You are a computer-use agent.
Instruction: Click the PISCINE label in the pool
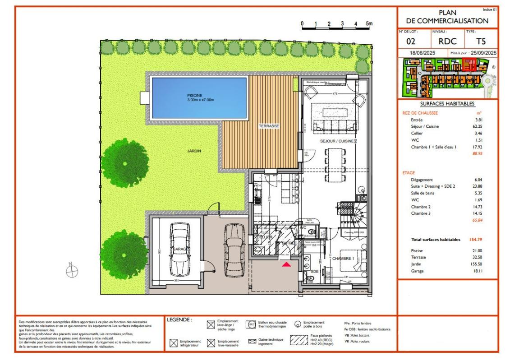[198, 97]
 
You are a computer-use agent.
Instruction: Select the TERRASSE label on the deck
[269, 127]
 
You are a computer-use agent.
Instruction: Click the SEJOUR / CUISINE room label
[336, 141]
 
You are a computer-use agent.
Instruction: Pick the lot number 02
[411, 42]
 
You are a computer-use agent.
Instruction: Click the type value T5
[481, 42]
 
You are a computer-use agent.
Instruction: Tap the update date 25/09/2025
[482, 53]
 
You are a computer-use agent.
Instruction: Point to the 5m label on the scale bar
[369, 23]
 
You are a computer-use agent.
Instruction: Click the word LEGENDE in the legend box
[179, 320]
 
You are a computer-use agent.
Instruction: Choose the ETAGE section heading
[409, 172]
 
